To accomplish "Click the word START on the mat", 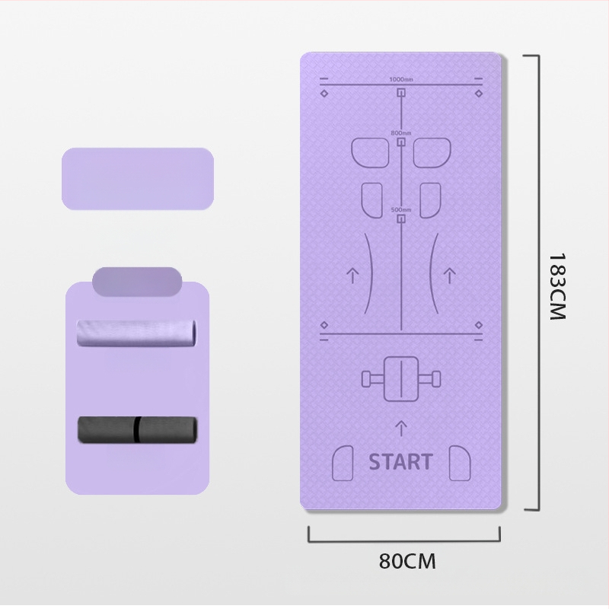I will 400,461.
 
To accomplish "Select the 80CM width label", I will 407,562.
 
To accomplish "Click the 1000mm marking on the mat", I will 400,80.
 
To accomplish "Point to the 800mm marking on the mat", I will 400,133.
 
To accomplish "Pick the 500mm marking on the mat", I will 400,210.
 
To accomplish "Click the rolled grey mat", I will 137,430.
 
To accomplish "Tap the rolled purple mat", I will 137,332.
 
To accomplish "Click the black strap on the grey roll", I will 136,430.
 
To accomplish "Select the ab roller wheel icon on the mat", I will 400,378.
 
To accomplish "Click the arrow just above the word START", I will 401,429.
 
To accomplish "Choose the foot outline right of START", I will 459,462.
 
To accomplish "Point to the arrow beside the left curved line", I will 352,275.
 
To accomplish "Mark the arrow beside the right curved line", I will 450,275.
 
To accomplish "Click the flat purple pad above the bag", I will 137,178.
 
